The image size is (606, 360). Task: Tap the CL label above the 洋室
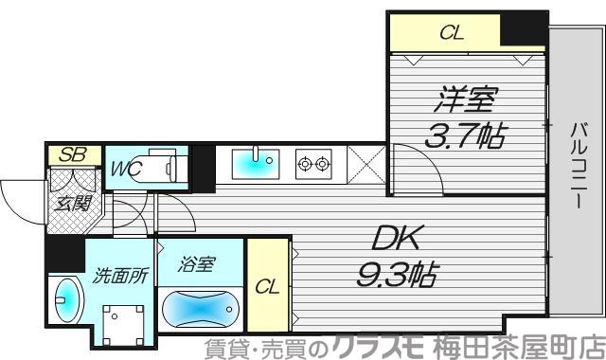(x=453, y=32)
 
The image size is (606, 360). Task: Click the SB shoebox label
(x=68, y=153)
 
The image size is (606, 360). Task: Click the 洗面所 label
(x=119, y=277)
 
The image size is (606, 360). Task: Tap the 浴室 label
(x=199, y=266)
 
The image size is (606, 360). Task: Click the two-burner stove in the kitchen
(x=314, y=164)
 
